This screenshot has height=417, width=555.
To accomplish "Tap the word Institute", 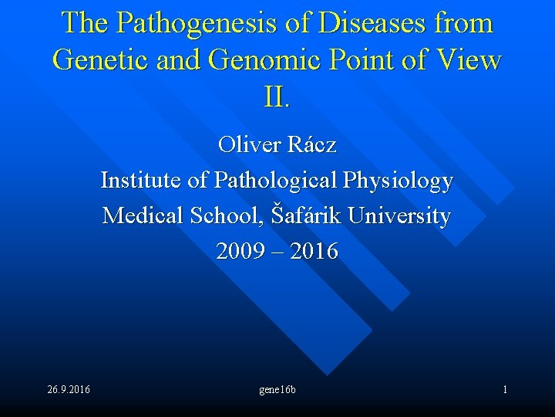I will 142,180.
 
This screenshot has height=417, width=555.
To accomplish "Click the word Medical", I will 140,215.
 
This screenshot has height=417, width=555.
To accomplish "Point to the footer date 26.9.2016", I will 68,389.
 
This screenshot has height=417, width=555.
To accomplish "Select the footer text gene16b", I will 277,389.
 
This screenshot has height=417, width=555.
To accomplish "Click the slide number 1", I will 505,389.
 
